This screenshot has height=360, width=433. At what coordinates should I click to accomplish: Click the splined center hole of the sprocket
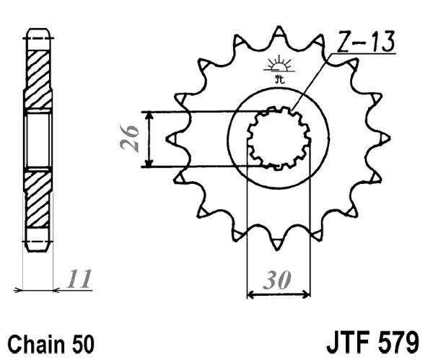tap(279, 136)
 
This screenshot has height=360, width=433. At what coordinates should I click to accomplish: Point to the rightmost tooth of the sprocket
tap(385, 136)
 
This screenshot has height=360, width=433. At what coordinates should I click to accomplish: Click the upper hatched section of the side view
tap(39, 72)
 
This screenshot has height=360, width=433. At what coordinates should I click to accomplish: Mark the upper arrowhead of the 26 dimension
tap(148, 115)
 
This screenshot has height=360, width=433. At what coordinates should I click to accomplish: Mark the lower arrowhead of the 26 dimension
tap(148, 163)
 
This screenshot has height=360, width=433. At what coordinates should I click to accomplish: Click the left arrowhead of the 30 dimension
tap(252, 294)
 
